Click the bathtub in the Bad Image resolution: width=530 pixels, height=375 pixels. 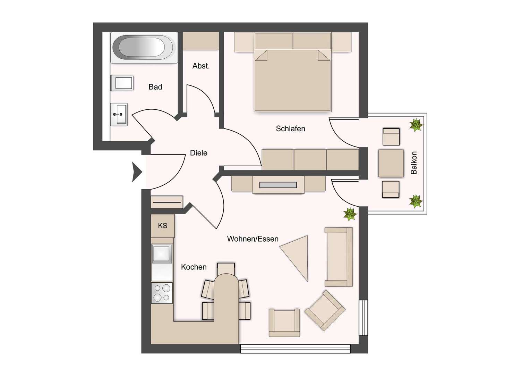coord(144,48)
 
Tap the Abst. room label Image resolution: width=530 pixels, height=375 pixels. coord(201,66)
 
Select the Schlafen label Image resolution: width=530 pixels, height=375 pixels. coord(290,128)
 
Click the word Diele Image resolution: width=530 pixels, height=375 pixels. coord(198,153)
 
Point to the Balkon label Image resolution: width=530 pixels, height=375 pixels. coord(413,163)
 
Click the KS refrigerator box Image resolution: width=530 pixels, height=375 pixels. coord(163,226)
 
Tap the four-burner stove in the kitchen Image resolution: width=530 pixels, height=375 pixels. coord(162,293)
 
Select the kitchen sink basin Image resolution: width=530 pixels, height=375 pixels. coord(162,253)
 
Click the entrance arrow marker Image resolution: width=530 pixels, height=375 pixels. coord(137,172)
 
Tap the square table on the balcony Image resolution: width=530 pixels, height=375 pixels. coord(391,163)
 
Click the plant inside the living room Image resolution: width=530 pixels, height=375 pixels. coord(350,214)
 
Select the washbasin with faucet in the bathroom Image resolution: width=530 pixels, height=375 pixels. coord(119,114)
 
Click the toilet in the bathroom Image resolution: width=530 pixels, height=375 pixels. coord(122,83)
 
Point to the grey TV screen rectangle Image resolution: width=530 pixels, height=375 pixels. coord(278,185)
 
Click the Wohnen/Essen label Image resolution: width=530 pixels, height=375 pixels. coord(253,239)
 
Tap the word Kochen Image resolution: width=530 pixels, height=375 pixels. coord(194,267)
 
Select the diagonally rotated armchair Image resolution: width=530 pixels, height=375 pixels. coord(325,310)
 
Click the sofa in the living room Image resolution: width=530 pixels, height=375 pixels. coord(339,257)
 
